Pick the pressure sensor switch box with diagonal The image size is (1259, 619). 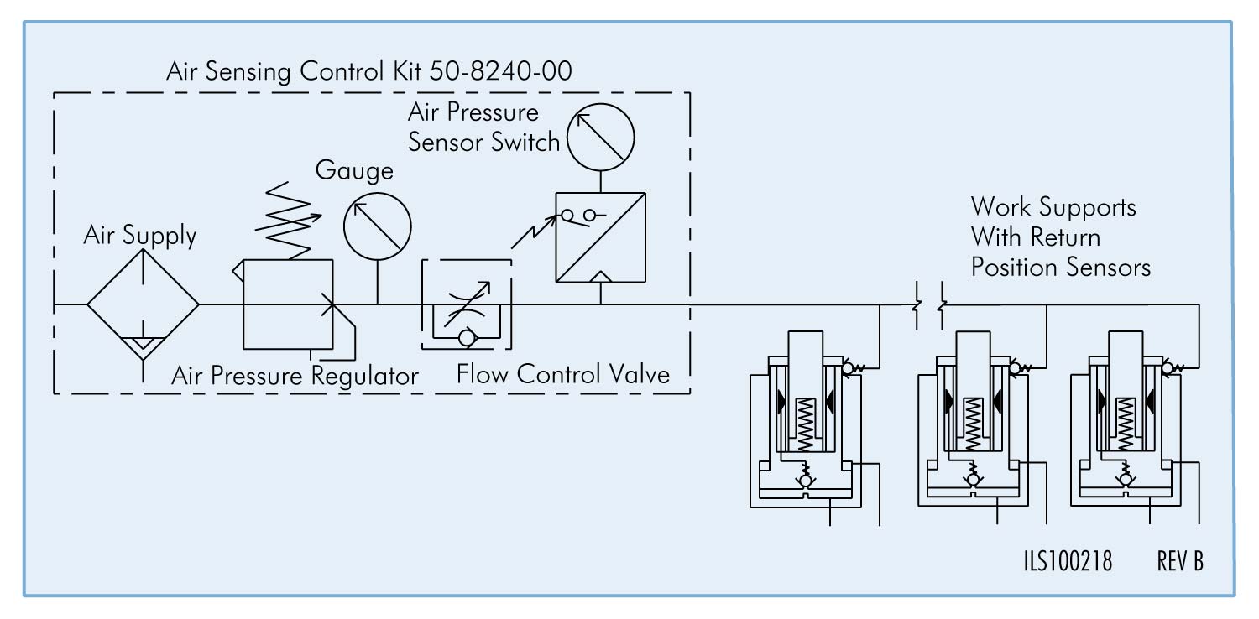pyautogui.click(x=600, y=237)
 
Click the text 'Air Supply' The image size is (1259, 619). pyautogui.click(x=139, y=236)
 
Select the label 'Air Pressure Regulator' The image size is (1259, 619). pyautogui.click(x=295, y=375)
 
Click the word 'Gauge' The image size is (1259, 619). pyautogui.click(x=353, y=170)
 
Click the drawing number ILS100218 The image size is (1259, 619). pyautogui.click(x=1068, y=561)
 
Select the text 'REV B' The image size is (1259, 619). pyautogui.click(x=1179, y=561)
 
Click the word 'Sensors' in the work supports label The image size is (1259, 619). pyautogui.click(x=1107, y=268)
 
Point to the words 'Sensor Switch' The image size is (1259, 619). pyautogui.click(x=483, y=142)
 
